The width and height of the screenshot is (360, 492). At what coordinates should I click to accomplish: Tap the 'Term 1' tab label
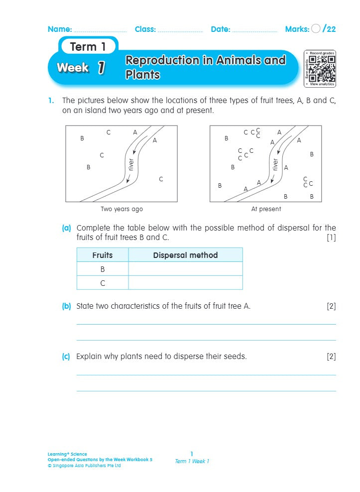88,47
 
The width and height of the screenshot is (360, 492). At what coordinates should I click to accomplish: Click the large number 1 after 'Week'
101,68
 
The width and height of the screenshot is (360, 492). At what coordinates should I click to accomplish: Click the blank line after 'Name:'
100,30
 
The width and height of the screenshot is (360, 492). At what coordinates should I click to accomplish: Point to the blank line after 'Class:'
180,30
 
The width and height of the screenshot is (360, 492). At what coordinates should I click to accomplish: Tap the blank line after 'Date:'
254,30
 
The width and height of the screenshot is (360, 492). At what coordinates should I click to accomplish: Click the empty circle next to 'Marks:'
316,29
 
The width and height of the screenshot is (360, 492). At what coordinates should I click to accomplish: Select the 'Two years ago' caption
121,209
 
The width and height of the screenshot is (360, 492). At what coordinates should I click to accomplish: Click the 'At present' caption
266,209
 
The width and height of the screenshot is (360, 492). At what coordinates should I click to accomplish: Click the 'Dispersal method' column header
185,255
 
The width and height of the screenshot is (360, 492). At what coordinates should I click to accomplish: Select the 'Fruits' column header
103,255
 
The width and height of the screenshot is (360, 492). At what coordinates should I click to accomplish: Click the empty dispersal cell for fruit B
185,269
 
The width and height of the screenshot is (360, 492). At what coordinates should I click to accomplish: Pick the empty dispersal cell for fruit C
185,283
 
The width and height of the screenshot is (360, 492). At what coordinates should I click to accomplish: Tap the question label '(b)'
66,306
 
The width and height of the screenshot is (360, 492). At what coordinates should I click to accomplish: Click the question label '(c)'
66,357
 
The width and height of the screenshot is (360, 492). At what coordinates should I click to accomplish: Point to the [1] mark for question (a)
331,238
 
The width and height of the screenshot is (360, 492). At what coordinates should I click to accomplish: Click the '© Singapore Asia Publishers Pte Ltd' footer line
84,466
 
